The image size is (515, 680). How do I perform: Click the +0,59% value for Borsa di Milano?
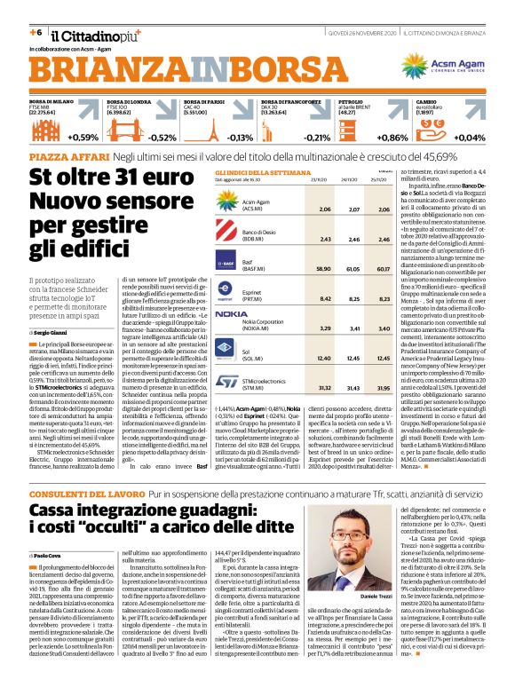click(83, 138)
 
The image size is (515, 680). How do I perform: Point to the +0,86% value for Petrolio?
click(392, 138)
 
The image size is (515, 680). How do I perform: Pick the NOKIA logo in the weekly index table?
click(231, 314)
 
